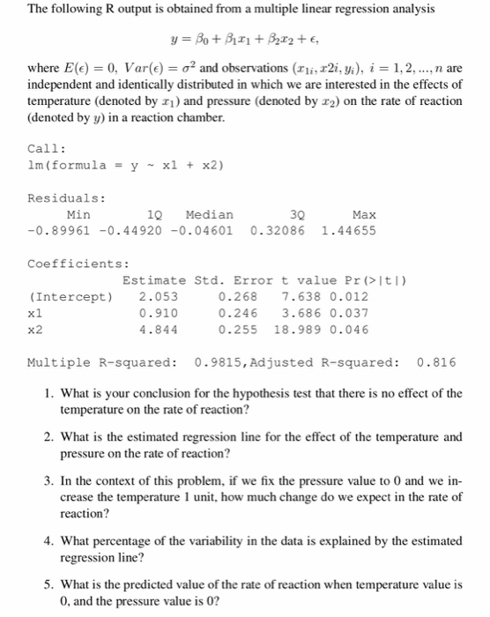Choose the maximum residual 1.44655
pos(350,231)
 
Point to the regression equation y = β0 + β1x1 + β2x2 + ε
pos(244,38)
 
